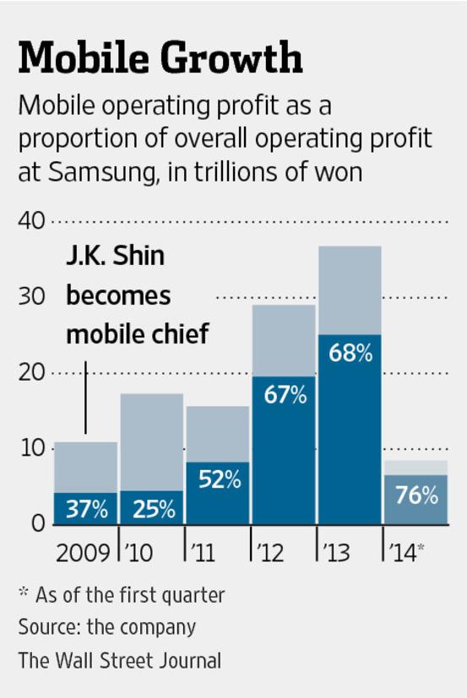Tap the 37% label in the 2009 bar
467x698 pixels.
(x=86, y=509)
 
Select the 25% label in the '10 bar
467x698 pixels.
(x=153, y=509)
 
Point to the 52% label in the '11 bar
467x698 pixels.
(x=219, y=480)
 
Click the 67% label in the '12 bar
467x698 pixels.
(x=284, y=394)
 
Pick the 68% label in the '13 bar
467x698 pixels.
(x=350, y=353)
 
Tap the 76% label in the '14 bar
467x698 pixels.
(x=415, y=495)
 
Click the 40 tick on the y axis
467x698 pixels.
(x=32, y=222)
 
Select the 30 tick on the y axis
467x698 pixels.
(x=32, y=297)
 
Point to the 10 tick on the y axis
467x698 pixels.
(x=32, y=448)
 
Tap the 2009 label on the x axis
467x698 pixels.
(x=82, y=554)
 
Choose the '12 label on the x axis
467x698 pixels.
(x=273, y=554)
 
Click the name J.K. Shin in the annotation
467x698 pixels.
(x=116, y=257)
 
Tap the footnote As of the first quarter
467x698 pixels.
(x=130, y=595)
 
